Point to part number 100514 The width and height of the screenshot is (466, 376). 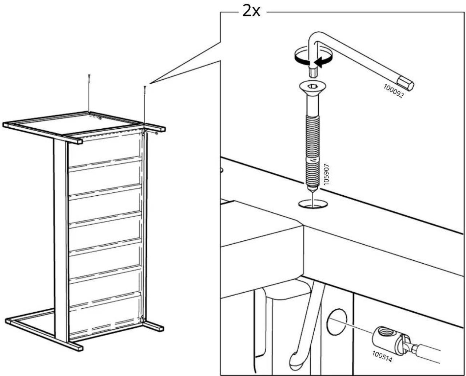pos(382,356)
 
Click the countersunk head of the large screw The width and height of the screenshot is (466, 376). pos(312,88)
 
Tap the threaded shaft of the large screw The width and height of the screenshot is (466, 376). pos(312,151)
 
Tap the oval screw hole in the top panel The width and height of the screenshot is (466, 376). pos(313,204)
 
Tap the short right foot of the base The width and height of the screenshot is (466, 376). pos(154,325)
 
